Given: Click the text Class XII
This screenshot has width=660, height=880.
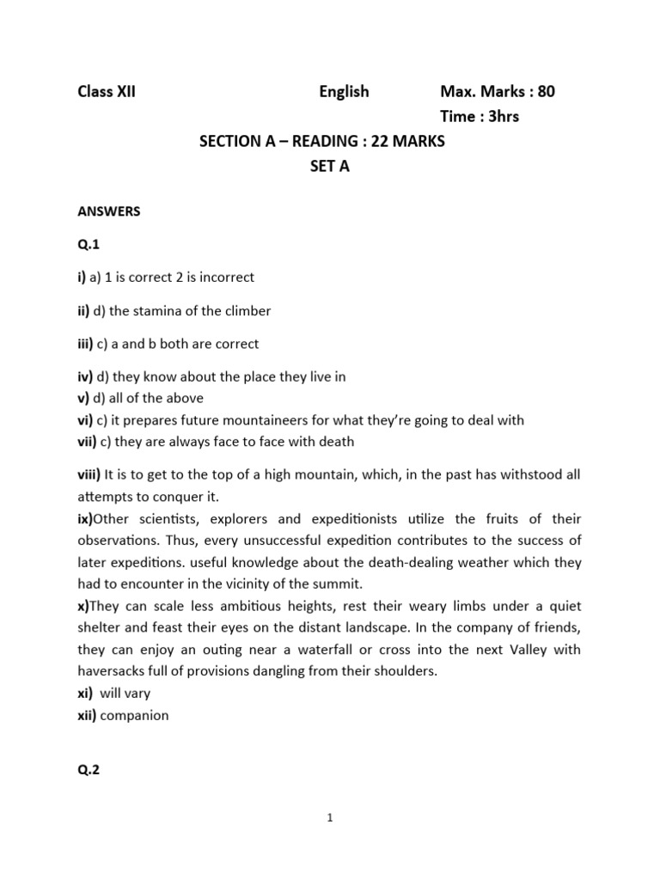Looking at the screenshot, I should (x=107, y=91).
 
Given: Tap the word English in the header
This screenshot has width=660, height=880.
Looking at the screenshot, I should (x=344, y=91).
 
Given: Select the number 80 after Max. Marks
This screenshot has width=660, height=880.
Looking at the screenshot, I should (x=546, y=91).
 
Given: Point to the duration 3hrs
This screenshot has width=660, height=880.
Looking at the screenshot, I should (x=504, y=116).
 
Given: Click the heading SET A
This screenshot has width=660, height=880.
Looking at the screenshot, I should (x=330, y=167).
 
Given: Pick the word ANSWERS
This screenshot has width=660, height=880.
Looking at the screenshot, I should (x=109, y=211).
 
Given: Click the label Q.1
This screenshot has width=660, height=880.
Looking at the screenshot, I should (x=89, y=245).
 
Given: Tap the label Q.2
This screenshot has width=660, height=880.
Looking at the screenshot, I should (x=89, y=770).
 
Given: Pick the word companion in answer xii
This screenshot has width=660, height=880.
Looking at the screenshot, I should (x=134, y=715).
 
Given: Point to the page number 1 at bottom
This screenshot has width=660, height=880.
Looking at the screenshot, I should (x=330, y=818).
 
